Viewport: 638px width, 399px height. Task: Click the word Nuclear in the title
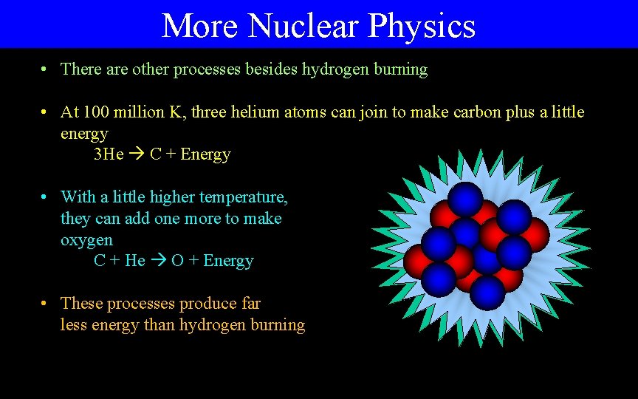(304, 26)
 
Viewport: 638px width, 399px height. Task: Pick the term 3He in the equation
(109, 154)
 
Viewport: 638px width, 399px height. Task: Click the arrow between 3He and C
(137, 154)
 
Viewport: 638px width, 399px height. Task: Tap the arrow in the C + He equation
(158, 261)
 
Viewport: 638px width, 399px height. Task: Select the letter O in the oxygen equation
(178, 261)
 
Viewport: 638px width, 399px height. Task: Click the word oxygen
(86, 241)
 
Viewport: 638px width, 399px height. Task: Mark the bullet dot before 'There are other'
(46, 69)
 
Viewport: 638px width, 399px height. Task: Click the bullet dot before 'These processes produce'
(46, 304)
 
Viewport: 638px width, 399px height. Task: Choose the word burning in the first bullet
(399, 69)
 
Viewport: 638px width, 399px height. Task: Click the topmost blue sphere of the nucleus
(465, 198)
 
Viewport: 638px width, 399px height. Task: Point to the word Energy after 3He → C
(205, 154)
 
